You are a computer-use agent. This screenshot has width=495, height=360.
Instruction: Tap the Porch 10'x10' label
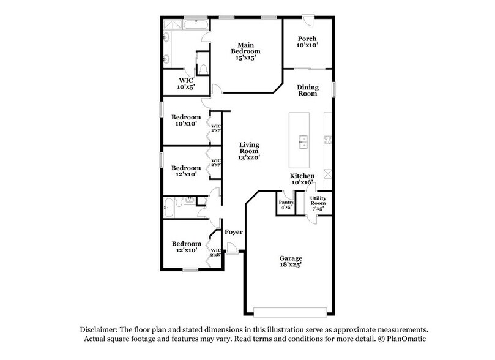click(x=307, y=41)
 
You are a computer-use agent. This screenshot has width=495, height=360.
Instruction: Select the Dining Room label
click(x=307, y=90)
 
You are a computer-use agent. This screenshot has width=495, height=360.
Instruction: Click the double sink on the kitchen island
click(x=302, y=141)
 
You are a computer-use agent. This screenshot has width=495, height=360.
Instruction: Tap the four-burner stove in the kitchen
click(x=327, y=140)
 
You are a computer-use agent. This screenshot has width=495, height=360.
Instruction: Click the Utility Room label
click(x=318, y=203)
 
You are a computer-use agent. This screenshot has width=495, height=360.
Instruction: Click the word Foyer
click(x=233, y=232)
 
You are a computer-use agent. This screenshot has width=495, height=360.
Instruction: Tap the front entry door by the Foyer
click(x=232, y=247)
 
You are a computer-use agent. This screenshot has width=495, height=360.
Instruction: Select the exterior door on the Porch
click(x=310, y=20)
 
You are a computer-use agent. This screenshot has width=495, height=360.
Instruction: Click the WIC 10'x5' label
click(x=185, y=83)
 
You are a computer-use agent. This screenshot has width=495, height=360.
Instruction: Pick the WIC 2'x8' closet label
click(x=215, y=252)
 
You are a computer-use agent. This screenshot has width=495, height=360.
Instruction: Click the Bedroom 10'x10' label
click(x=186, y=121)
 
